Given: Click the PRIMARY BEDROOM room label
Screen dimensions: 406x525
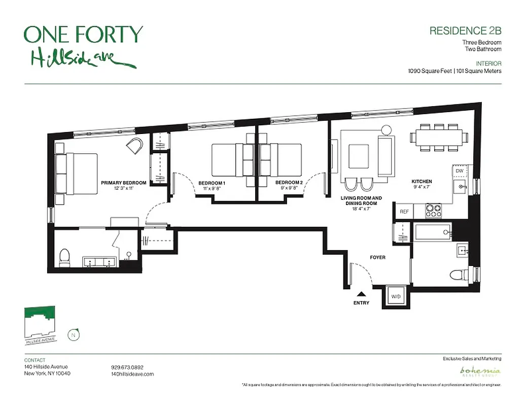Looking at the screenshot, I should [123, 183].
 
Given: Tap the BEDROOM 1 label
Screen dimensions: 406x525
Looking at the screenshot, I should [212, 183].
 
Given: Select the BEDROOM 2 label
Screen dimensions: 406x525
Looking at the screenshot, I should [289, 183].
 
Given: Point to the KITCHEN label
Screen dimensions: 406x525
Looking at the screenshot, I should [422, 182].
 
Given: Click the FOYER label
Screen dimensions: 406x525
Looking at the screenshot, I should [377, 257].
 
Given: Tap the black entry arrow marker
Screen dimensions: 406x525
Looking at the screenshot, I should [361, 293].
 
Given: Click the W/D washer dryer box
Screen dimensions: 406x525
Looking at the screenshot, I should [395, 296].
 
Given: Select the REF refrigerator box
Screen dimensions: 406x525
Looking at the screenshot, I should [404, 212].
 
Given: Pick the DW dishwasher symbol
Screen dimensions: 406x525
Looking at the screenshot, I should [460, 172].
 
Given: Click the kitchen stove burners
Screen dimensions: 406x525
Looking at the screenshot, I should [433, 210].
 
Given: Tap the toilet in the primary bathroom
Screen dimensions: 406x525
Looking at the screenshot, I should [64, 259].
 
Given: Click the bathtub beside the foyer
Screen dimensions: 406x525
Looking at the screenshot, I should [433, 233].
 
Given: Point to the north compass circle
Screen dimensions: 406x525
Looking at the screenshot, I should [75, 334].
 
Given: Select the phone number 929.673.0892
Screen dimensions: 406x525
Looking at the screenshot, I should [128, 367].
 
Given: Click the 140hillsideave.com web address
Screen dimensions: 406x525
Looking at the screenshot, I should [132, 374].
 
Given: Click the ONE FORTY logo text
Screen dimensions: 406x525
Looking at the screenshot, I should [83, 35].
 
